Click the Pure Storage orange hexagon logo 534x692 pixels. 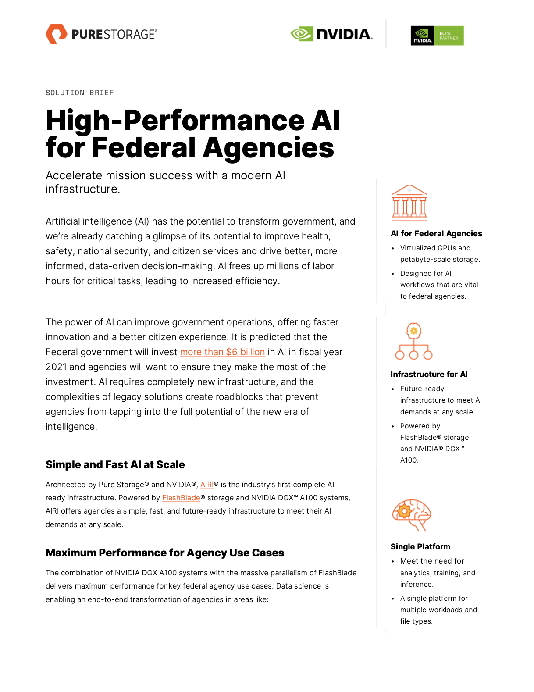56,34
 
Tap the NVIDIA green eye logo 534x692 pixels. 302,34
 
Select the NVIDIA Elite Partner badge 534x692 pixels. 437,36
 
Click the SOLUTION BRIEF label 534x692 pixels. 80,93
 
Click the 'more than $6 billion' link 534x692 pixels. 222,352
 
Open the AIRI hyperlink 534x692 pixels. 207,485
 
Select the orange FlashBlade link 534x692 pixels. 181,498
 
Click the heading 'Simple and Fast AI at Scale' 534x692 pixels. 115,465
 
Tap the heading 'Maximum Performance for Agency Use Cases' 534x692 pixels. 165,553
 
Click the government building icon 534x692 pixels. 409,203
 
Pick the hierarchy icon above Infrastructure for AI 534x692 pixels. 414,341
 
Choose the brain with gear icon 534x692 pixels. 411,515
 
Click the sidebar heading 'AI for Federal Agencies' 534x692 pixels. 436,234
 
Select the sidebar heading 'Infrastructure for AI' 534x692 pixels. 429,375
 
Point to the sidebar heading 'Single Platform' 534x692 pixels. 420,547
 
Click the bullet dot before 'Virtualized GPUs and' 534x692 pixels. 393,248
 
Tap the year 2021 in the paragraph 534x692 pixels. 56,367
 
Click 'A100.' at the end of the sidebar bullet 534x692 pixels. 409,460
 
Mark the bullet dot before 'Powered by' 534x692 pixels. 393,426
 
